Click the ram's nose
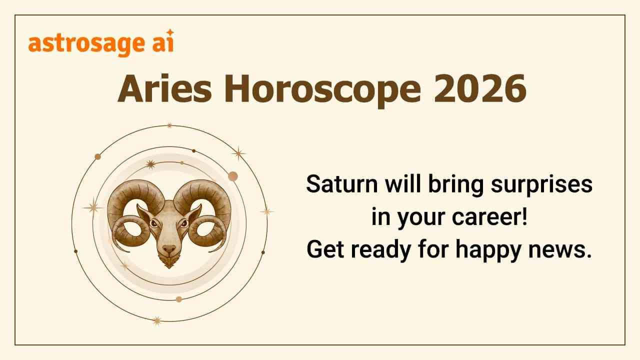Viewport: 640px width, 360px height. coord(169,248)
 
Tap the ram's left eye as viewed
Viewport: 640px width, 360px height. coord(154,223)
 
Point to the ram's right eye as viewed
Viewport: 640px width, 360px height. coord(184,223)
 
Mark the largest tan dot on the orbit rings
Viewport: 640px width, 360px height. coord(232,176)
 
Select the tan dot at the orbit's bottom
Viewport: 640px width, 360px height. coord(178,299)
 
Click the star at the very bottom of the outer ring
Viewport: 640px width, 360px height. coord(157,320)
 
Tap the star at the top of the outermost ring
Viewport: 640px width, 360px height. coord(169,125)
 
